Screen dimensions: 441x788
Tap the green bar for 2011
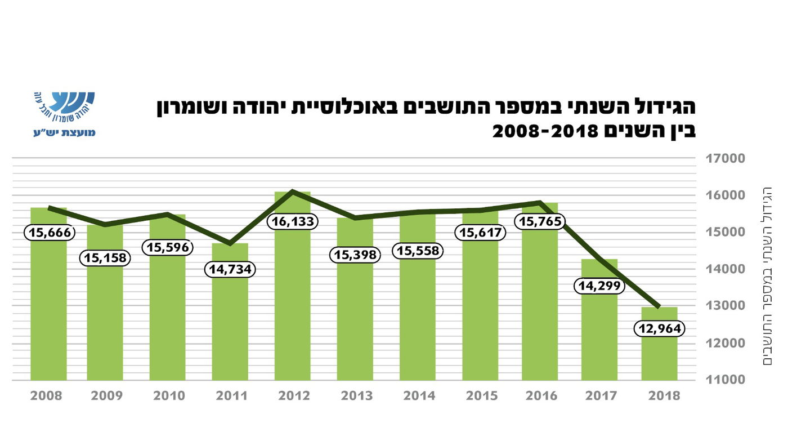click(x=230, y=327)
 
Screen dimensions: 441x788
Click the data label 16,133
click(x=293, y=221)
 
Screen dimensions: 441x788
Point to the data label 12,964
click(x=659, y=328)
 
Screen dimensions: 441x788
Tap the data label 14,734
click(x=230, y=269)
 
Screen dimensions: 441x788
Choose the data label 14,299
click(x=599, y=286)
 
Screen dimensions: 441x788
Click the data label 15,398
click(x=355, y=255)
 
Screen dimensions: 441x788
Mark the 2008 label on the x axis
click(x=47, y=396)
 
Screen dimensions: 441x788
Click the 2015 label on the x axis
click(x=482, y=396)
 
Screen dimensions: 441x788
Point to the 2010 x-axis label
click(x=169, y=396)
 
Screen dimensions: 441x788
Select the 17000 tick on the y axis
click(x=726, y=158)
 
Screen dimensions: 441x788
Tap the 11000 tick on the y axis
click(x=726, y=380)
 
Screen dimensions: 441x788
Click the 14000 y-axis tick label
click(x=726, y=269)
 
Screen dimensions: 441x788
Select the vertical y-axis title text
click(x=767, y=276)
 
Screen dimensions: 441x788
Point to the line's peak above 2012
click(x=293, y=191)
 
